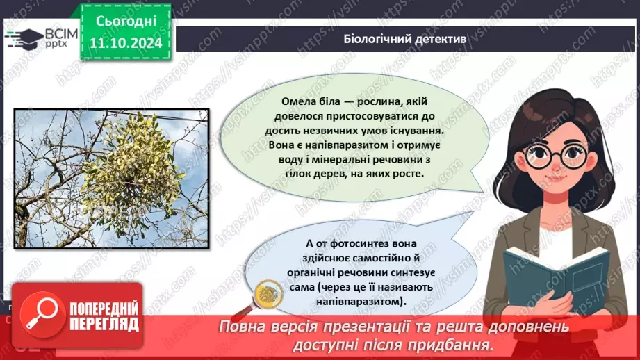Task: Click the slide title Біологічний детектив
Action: (x=404, y=40)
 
